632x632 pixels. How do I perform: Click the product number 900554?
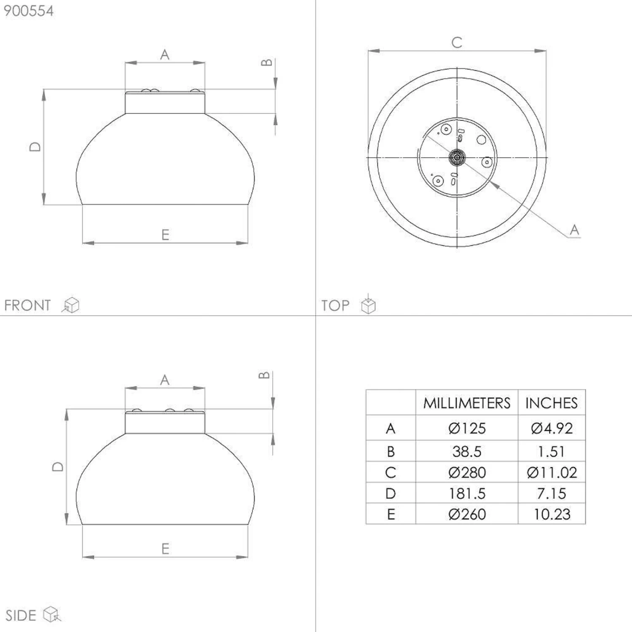pyautogui.click(x=29, y=11)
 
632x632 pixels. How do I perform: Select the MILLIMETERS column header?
pyautogui.click(x=467, y=403)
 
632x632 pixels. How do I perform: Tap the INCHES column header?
pyautogui.click(x=552, y=403)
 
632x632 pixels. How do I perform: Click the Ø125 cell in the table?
pyautogui.click(x=467, y=428)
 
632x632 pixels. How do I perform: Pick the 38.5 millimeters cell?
pyautogui.click(x=467, y=452)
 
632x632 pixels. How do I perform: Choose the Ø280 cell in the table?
pyautogui.click(x=467, y=472)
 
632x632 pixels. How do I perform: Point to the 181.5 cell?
pyautogui.click(x=467, y=493)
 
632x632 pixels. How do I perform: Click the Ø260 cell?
pyautogui.click(x=467, y=514)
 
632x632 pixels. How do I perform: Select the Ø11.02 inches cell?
pyautogui.click(x=552, y=472)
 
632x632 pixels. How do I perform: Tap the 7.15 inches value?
pyautogui.click(x=552, y=493)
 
